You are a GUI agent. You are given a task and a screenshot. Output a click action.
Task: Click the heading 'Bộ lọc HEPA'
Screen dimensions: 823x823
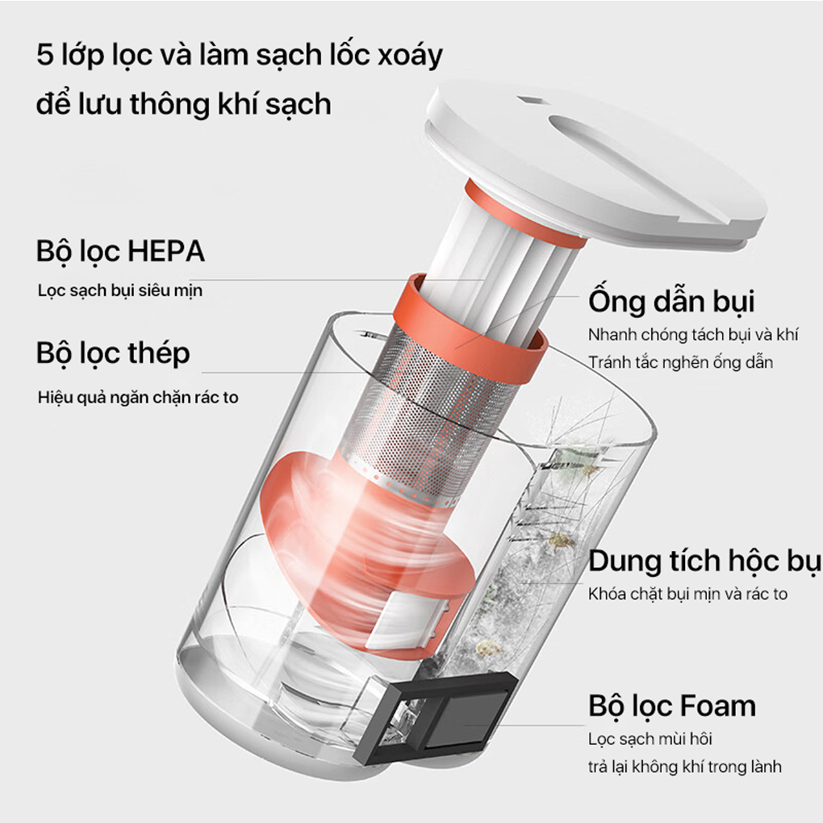pos(120,251)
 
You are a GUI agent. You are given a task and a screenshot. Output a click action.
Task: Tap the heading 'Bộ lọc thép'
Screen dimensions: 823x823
pos(113,353)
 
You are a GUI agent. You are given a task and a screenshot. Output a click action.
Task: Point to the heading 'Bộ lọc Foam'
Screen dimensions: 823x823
pos(672,706)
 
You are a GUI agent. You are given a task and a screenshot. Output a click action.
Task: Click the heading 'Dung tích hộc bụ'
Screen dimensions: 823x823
pos(704,561)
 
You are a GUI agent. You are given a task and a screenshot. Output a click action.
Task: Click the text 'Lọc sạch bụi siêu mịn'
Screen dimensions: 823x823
pos(120,290)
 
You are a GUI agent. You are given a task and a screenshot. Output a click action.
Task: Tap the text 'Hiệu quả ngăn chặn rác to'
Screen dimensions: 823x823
pos(138,397)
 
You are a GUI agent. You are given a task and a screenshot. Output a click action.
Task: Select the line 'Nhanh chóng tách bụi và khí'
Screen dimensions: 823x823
pos(692,335)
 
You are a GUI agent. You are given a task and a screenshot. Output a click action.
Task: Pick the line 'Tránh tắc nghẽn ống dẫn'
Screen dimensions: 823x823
pos(680,362)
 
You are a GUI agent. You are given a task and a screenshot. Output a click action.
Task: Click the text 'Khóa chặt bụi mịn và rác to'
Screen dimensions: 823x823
pos(687,595)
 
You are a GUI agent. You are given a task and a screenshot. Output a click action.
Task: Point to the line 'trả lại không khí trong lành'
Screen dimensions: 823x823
pos(685,767)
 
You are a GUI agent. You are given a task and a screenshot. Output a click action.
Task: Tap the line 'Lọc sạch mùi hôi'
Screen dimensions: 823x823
pos(650,739)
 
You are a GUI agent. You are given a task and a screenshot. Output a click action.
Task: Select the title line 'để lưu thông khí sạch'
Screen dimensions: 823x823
pos(184,104)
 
